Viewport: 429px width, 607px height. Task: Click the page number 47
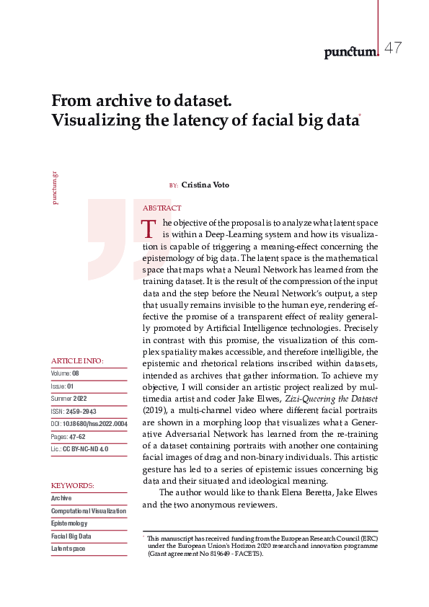pyautogui.click(x=393, y=48)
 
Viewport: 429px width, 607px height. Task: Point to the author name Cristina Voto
pyautogui.click(x=205, y=185)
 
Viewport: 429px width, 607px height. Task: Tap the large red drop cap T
pyautogui.click(x=149, y=229)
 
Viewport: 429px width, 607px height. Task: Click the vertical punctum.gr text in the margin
pyautogui.click(x=55, y=187)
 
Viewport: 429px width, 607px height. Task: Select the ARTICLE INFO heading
pyautogui.click(x=77, y=360)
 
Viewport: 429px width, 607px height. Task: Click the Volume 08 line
pyautogui.click(x=65, y=373)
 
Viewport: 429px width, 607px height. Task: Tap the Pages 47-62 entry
pyautogui.click(x=69, y=436)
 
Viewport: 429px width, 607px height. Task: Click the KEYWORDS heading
pyautogui.click(x=73, y=486)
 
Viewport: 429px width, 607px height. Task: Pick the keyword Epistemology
pyautogui.click(x=69, y=523)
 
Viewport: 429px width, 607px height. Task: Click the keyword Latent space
pyautogui.click(x=68, y=549)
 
